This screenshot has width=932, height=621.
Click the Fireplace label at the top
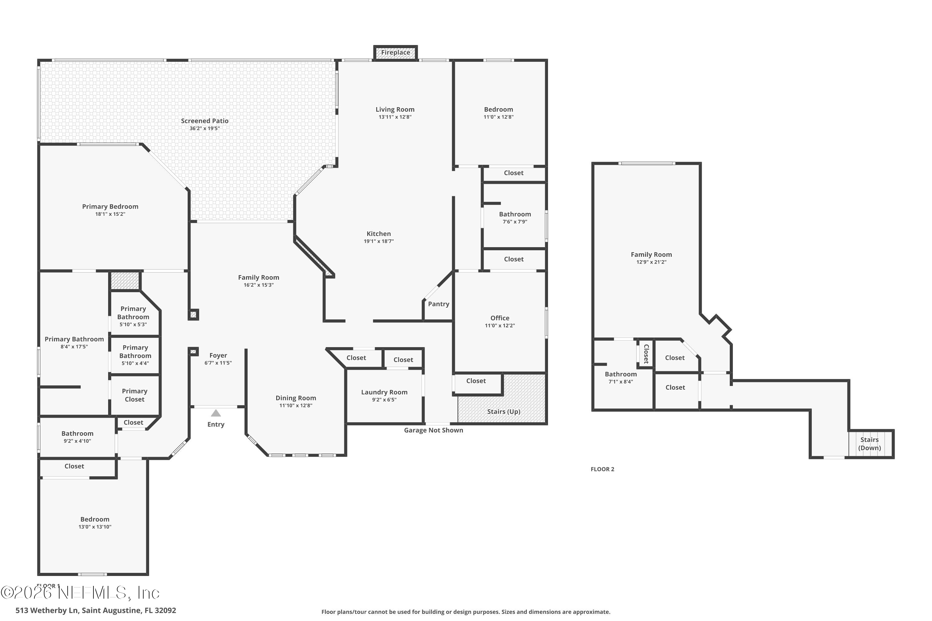(x=395, y=52)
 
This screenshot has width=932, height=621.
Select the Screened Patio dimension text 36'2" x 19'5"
(x=204, y=128)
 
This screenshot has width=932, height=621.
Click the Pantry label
(x=439, y=304)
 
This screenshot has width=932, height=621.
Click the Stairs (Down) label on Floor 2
(x=869, y=444)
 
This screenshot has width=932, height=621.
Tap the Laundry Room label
(x=384, y=392)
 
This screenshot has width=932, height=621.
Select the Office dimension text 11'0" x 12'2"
(x=500, y=325)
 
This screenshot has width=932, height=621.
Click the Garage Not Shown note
(x=433, y=430)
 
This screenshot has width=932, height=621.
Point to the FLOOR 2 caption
(x=602, y=469)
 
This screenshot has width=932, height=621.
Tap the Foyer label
(x=218, y=355)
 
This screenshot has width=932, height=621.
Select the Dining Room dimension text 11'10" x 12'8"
(x=296, y=405)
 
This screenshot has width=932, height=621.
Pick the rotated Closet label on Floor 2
(x=646, y=354)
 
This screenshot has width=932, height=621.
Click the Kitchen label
(x=378, y=234)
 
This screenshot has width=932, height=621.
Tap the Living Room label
(x=395, y=109)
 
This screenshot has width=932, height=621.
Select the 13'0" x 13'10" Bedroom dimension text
(x=95, y=527)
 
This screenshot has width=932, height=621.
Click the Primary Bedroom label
(x=110, y=206)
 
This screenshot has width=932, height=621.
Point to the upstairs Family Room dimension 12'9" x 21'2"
(x=651, y=262)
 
